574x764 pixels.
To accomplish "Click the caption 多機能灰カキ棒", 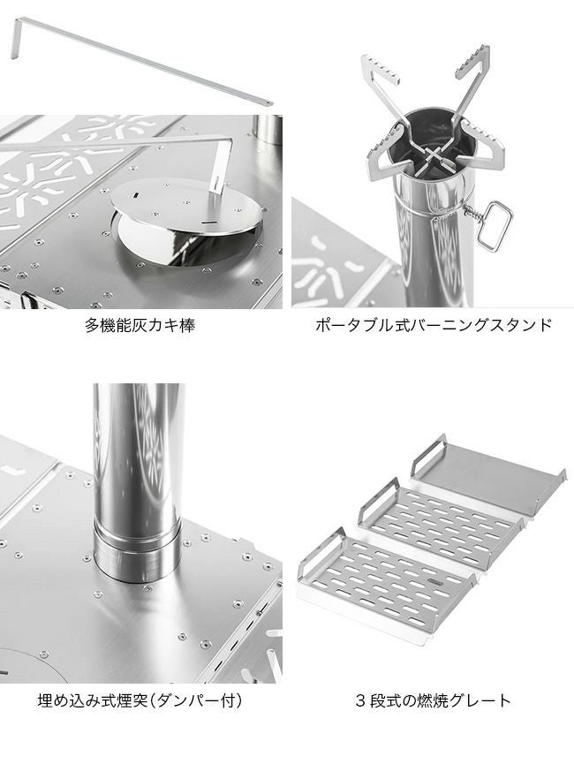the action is click(140, 324).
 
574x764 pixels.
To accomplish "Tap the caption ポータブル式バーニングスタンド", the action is click(434, 324).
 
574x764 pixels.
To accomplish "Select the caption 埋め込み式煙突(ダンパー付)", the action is click(140, 701).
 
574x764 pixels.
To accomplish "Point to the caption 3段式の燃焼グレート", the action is click(434, 701).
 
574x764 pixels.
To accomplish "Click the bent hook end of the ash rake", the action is click(16, 38).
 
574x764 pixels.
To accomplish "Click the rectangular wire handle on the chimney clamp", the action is click(495, 227).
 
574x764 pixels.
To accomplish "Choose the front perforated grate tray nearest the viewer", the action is click(388, 582).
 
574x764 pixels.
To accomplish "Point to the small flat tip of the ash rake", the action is click(267, 102).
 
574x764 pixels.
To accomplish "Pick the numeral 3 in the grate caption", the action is click(360, 701).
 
